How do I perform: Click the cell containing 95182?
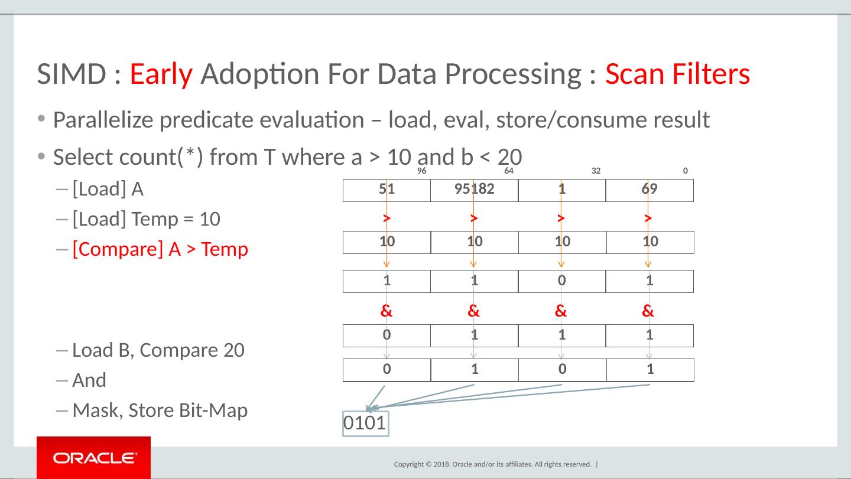[x=474, y=190]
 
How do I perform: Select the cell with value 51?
[x=386, y=190]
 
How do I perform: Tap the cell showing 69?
[x=649, y=190]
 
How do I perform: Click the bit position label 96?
[x=422, y=171]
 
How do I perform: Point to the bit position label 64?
[x=509, y=171]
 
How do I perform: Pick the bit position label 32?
[x=596, y=171]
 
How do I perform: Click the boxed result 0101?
[x=365, y=423]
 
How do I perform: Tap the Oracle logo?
[x=93, y=458]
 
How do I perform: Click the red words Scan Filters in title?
[x=678, y=74]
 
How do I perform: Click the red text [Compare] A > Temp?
[x=160, y=250]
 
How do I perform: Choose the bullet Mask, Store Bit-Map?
[x=160, y=410]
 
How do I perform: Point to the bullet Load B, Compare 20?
[x=158, y=350]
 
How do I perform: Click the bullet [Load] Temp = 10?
[x=146, y=220]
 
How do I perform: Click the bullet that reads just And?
[x=89, y=380]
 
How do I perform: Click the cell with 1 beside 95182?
[x=561, y=190]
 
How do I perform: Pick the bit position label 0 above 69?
[x=685, y=171]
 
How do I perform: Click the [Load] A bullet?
[x=108, y=190]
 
